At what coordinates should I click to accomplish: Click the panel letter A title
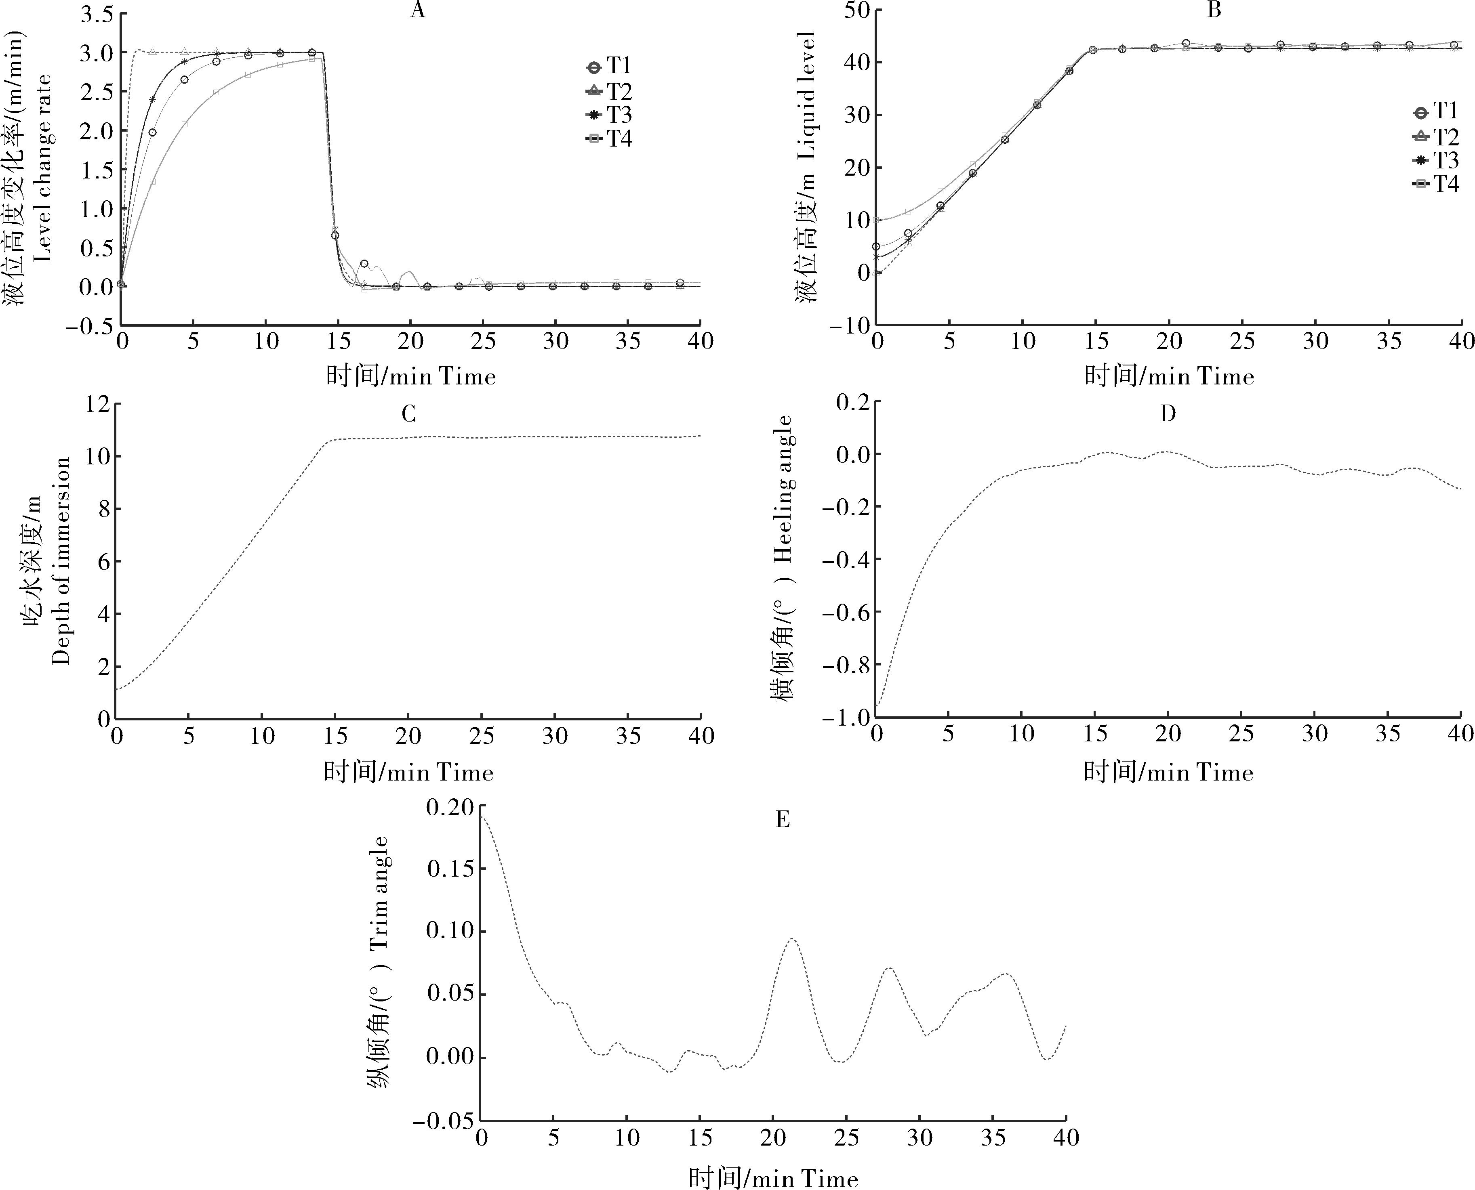417,11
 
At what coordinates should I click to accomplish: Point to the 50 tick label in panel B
856,10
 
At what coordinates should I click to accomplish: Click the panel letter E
783,819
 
